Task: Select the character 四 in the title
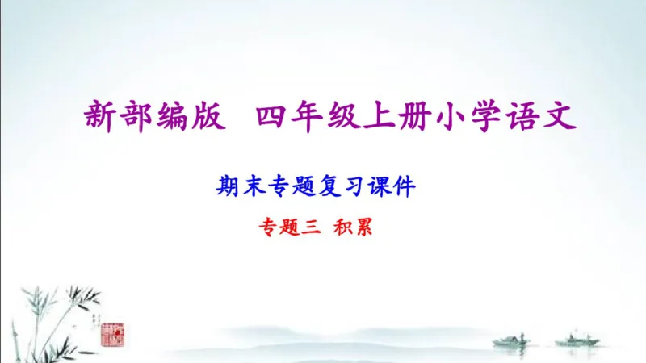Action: click(272, 118)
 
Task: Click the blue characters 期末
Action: click(236, 187)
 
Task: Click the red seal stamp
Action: click(111, 332)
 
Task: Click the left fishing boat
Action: click(510, 340)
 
